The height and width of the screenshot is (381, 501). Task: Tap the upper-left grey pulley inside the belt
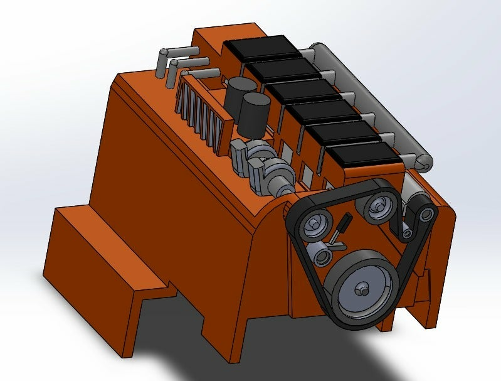tap(317, 223)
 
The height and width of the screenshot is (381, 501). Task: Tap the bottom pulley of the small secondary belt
tap(408, 233)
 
